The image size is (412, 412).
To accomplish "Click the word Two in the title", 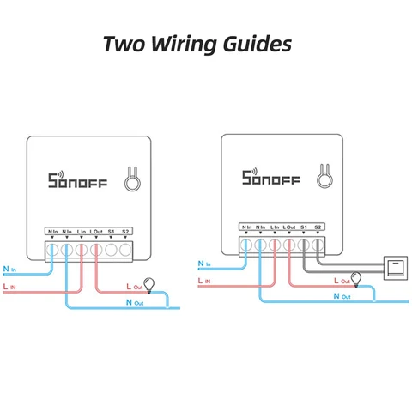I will coord(124,44).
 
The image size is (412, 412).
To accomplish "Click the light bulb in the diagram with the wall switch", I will coord(356,277).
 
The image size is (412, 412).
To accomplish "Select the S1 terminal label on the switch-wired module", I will coord(304,227).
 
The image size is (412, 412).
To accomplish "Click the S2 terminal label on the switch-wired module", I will coord(318,227).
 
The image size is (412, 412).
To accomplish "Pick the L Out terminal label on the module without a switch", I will coord(96,232).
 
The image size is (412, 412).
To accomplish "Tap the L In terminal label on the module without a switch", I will coord(81,232).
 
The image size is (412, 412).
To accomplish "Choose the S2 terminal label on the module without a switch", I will coord(126,232).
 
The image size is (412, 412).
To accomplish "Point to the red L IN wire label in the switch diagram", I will coord(204,280).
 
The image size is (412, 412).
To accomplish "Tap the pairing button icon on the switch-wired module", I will coord(326,177).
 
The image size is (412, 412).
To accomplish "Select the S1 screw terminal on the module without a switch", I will coord(112,250).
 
